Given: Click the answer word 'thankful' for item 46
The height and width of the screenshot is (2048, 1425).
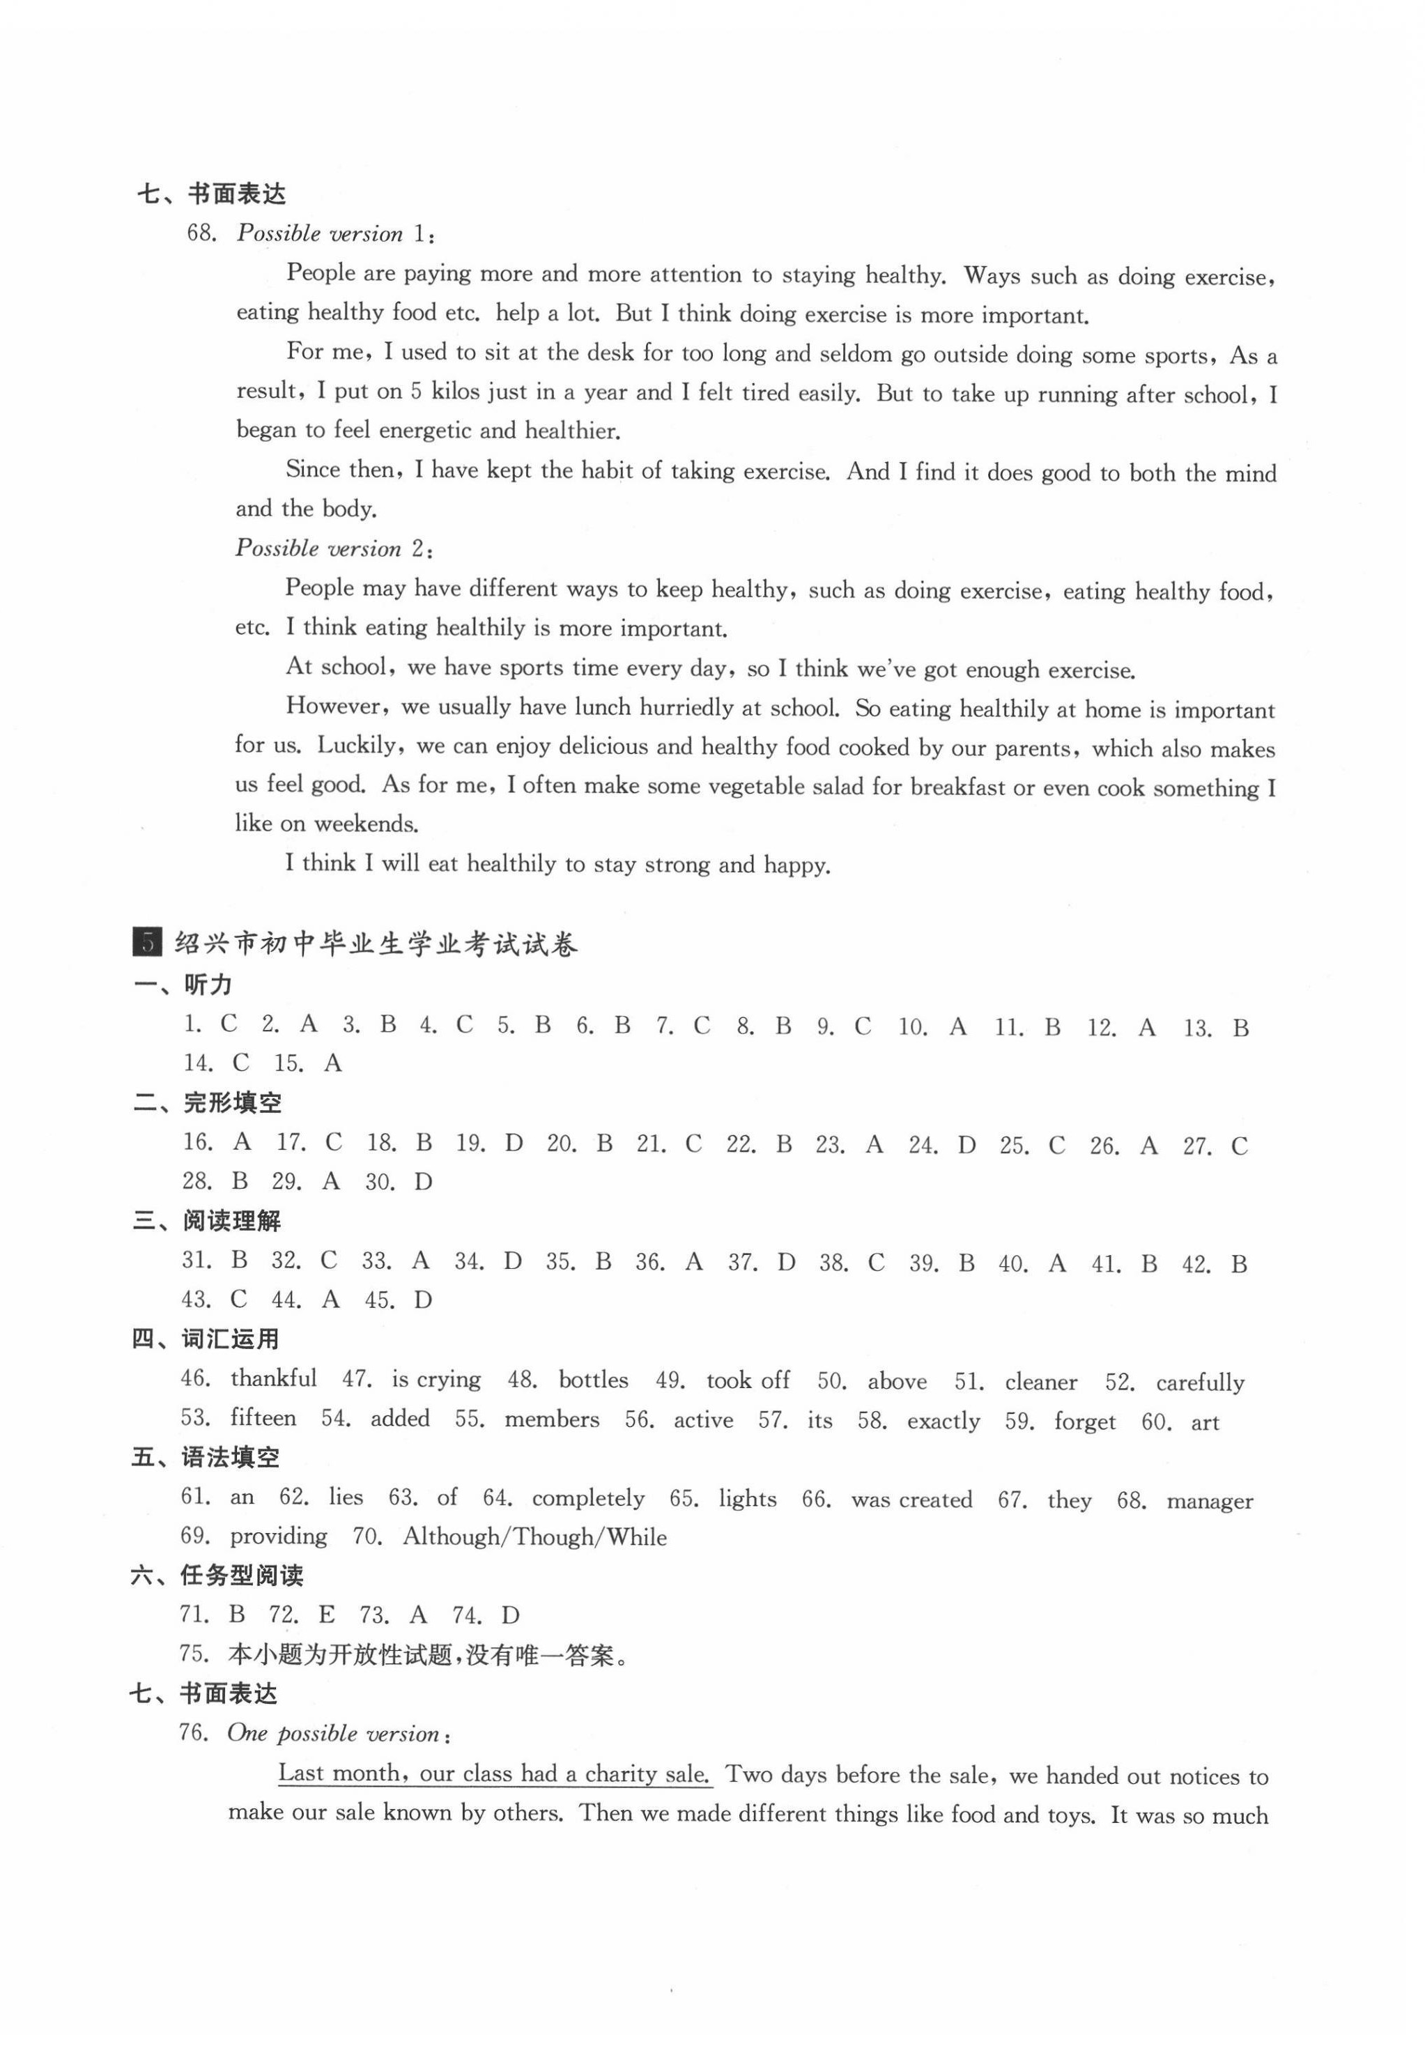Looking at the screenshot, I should pos(273,1379).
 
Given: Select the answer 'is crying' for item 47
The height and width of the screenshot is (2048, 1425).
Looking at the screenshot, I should pos(436,1380).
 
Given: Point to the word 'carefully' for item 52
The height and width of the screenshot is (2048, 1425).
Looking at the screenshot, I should pos(1199,1383).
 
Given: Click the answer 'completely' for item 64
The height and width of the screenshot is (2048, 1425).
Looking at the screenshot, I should pos(587,1498).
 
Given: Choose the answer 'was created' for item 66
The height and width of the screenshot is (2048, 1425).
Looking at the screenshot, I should pos(911,1500).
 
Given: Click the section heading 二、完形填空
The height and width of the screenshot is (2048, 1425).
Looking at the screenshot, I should pos(207,1102).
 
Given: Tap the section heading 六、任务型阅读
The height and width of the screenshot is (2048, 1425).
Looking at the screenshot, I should pos(217,1576).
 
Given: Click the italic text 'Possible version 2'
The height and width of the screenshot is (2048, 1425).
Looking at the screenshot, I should pos(332,548).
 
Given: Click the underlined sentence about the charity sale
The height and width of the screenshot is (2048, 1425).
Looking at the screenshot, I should pos(494,1773).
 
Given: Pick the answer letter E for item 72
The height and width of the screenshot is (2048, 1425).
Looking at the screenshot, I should pos(326,1615).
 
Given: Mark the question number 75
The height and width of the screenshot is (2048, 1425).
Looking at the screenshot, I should pos(194,1654).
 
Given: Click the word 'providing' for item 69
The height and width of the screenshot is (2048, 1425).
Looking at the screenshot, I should pos(278,1536).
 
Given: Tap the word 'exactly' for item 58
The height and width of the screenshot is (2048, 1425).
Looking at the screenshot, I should pos(943,1421).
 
